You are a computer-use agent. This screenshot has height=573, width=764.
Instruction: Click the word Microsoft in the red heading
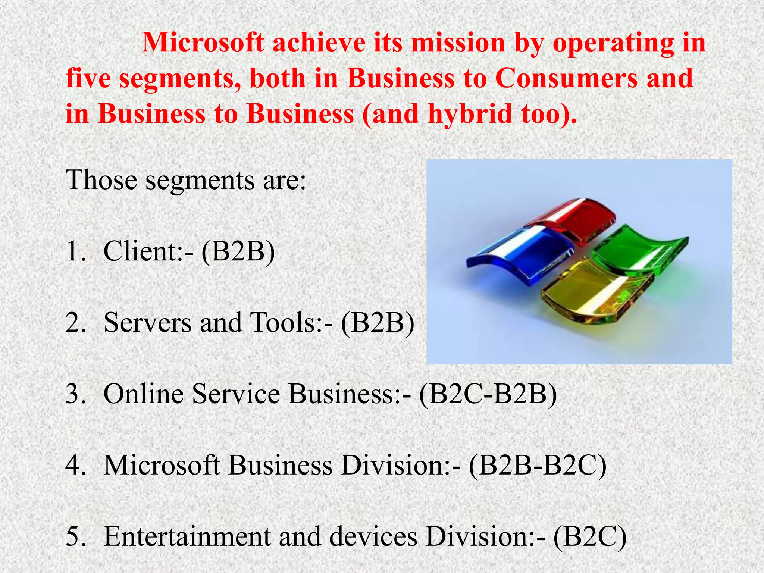coord(203,43)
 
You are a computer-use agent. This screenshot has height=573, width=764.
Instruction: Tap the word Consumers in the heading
coord(566,78)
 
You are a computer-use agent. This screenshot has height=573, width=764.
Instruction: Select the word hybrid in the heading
coord(470,114)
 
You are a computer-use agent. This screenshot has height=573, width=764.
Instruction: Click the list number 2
coord(75,323)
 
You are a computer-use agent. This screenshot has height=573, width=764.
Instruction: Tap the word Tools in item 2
coord(284,323)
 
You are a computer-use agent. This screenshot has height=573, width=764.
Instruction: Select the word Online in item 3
coord(143,394)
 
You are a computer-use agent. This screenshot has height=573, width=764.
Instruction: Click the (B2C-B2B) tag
coord(488,394)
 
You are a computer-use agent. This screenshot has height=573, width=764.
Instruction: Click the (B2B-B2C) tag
coord(538,466)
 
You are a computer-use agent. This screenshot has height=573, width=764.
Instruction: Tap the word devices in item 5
coord(373,537)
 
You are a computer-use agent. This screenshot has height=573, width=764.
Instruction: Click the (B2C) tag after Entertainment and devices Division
coord(590,537)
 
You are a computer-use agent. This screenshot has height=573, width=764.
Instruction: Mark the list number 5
coord(75,537)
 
